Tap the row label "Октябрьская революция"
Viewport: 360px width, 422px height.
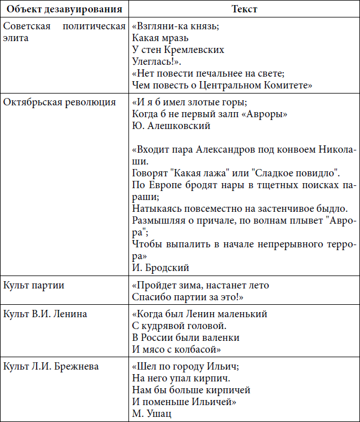[60, 102]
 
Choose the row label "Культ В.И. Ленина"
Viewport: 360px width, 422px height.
[45, 314]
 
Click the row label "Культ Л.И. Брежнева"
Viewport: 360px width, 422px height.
[51, 366]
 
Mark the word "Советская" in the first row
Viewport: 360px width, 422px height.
[26, 26]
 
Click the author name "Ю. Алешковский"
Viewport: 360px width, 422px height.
[171, 126]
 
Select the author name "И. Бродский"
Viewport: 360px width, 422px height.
[161, 268]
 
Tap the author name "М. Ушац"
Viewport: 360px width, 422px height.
[151, 414]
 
